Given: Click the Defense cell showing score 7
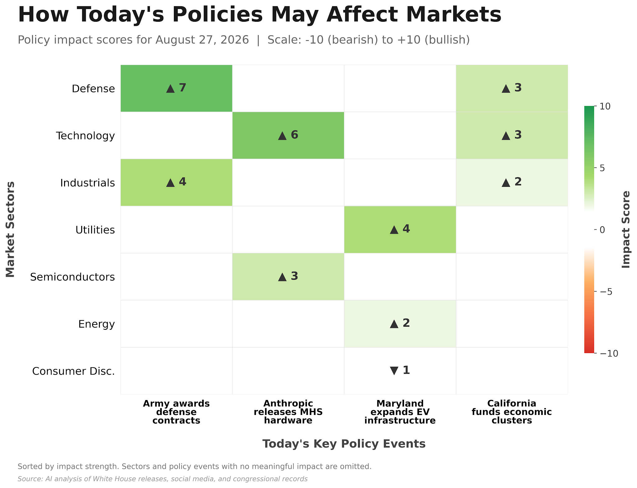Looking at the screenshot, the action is pos(176,88).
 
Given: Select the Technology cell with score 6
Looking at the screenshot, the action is pos(288,135).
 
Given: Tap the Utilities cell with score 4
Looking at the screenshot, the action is pos(400,229).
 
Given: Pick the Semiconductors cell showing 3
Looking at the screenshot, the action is pos(288,277).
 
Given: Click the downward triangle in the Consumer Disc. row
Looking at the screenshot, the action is pos(394,371).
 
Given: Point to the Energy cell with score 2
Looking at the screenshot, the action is pos(400,324).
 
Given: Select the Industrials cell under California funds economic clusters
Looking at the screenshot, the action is pos(512,182).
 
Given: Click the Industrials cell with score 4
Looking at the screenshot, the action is pos(176,182).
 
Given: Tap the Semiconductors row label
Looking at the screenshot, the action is pos(72,277).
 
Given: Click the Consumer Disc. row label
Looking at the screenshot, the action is pos(73,371).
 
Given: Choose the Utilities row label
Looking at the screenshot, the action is pos(95,230).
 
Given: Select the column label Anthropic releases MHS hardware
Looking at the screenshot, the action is pos(288,412).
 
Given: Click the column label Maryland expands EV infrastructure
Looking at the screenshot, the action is pos(400,412).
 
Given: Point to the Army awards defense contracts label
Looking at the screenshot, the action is pos(176,412).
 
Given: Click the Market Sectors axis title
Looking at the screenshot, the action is pos(10,229).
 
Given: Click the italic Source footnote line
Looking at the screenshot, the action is pos(163,479).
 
